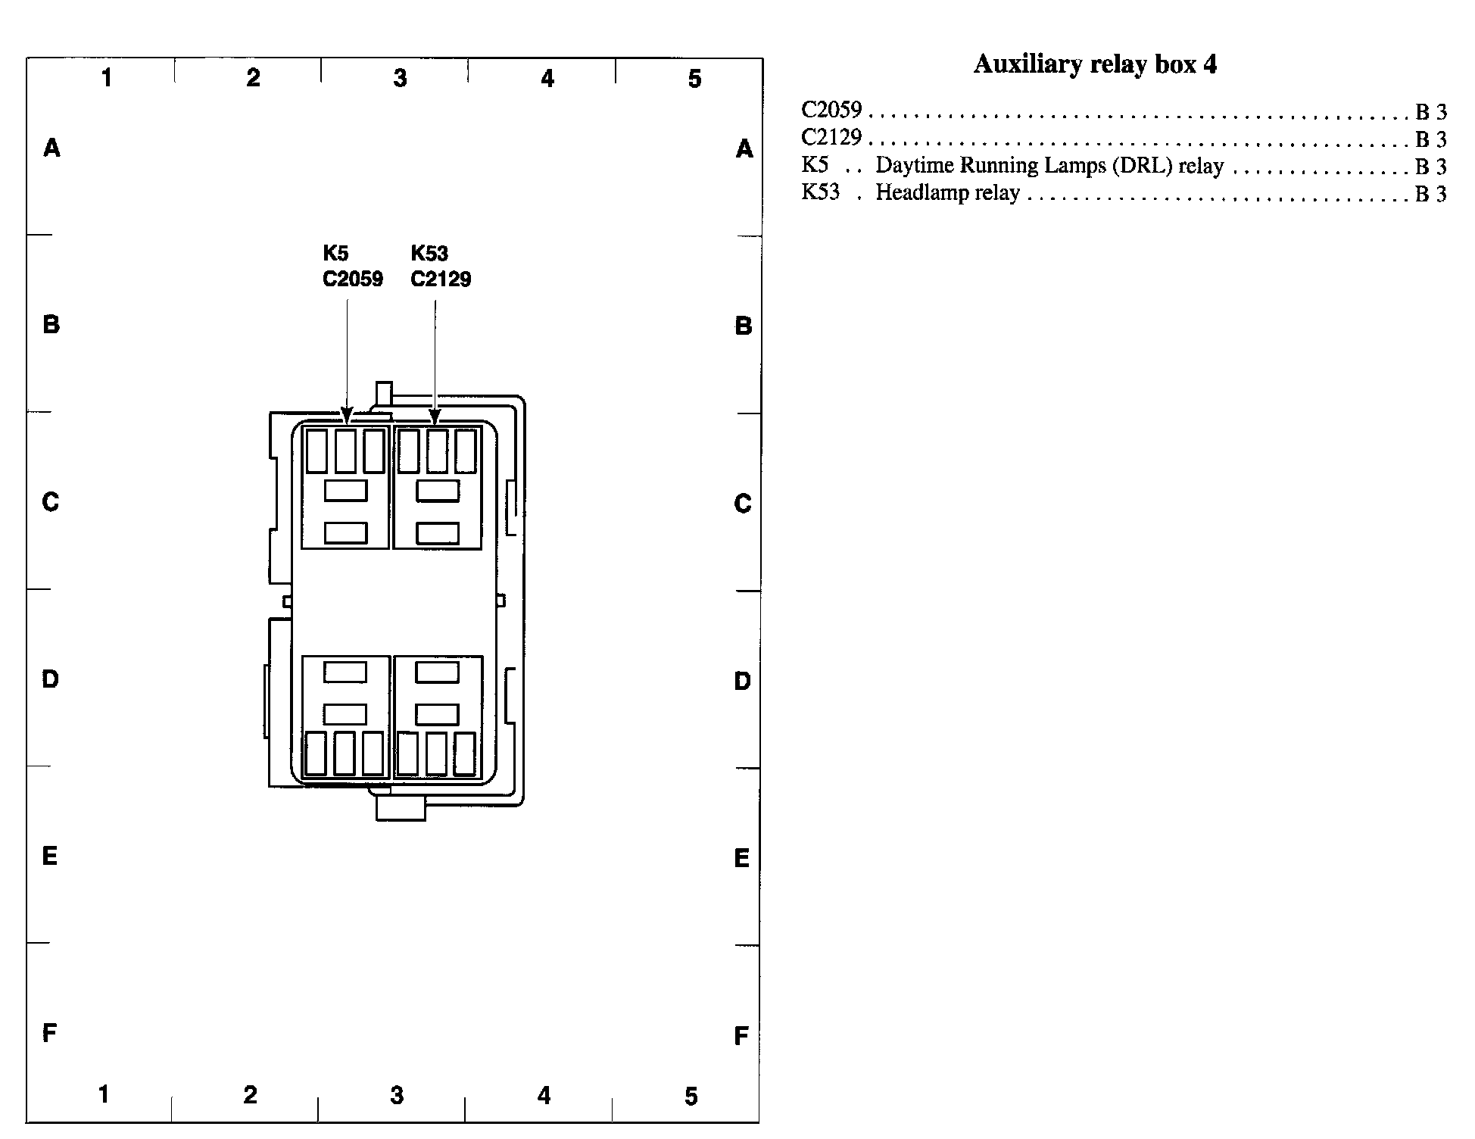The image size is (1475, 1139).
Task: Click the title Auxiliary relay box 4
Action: pyautogui.click(x=1095, y=64)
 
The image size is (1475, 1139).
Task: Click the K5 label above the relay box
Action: pyautogui.click(x=335, y=253)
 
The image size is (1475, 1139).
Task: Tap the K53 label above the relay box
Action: pyautogui.click(x=429, y=253)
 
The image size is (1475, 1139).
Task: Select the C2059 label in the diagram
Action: pyautogui.click(x=353, y=279)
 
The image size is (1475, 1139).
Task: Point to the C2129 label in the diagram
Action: pyautogui.click(x=441, y=279)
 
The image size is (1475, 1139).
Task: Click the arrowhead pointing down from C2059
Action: pyautogui.click(x=347, y=416)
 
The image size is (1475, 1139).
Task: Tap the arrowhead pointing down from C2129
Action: pyautogui.click(x=435, y=416)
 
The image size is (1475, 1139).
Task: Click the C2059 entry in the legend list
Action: pyautogui.click(x=831, y=111)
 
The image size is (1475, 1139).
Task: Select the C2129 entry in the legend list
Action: pyautogui.click(x=831, y=138)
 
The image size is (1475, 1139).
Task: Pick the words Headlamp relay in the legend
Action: pyautogui.click(x=948, y=192)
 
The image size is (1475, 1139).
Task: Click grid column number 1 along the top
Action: pyautogui.click(x=107, y=77)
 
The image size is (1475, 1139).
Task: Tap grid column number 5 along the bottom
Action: pyautogui.click(x=691, y=1096)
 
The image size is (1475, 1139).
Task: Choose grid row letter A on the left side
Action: pyautogui.click(x=51, y=148)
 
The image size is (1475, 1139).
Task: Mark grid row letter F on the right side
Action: pyautogui.click(x=741, y=1035)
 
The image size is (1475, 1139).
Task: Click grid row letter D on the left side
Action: pyautogui.click(x=50, y=679)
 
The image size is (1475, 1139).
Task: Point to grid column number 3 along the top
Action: pyautogui.click(x=400, y=77)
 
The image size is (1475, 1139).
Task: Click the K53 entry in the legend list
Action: pyautogui.click(x=821, y=192)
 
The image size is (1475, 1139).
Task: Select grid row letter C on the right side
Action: pyautogui.click(x=742, y=504)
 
